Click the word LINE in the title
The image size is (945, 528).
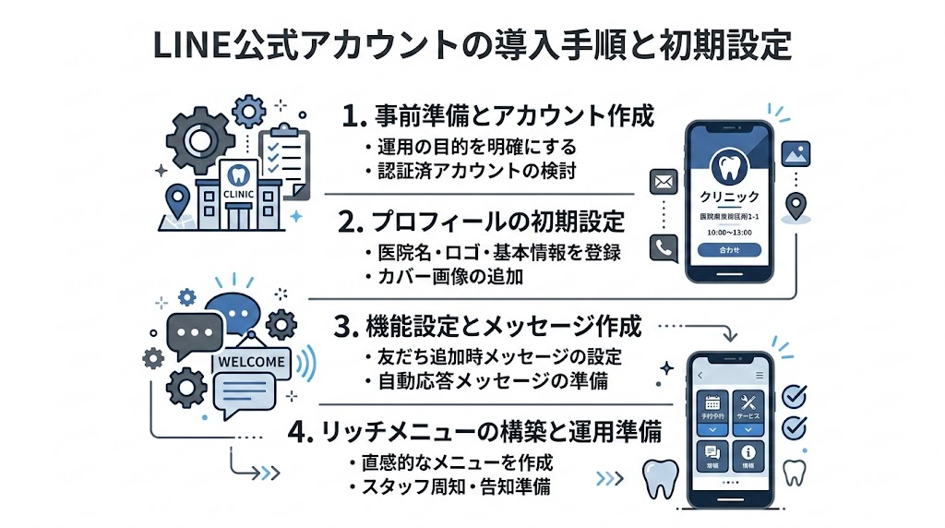point(181,44)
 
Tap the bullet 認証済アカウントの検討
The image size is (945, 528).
point(449,172)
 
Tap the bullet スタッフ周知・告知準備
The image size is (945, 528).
point(454,486)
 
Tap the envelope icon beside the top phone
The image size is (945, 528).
point(664,183)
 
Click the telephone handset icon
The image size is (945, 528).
point(664,246)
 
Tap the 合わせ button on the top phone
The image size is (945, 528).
point(729,249)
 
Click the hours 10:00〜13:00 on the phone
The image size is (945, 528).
point(729,232)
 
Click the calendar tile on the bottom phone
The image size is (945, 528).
point(712,407)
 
